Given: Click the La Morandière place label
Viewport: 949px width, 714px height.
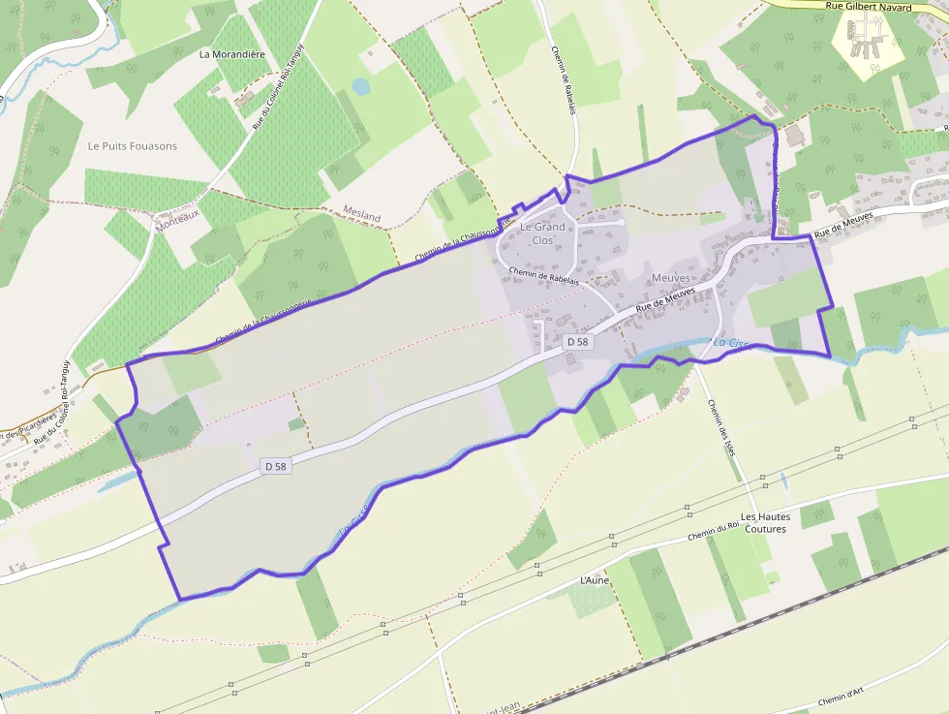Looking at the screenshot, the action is [231, 54].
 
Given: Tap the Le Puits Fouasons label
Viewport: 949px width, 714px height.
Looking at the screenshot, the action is [133, 146].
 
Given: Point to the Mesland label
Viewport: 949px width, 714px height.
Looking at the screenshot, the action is [362, 214].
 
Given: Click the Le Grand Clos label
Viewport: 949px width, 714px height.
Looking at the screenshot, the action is [542, 233].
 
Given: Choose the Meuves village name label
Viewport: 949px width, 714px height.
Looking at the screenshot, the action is [671, 278].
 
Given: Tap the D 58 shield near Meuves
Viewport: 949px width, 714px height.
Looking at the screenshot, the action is [578, 342].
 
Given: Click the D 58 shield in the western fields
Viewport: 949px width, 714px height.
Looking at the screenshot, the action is [276, 466].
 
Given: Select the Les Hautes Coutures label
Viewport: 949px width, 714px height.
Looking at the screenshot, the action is [765, 522].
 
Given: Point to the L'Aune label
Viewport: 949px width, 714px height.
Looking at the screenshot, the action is [594, 579].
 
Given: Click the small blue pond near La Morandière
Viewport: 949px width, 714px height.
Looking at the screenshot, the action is [360, 87].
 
